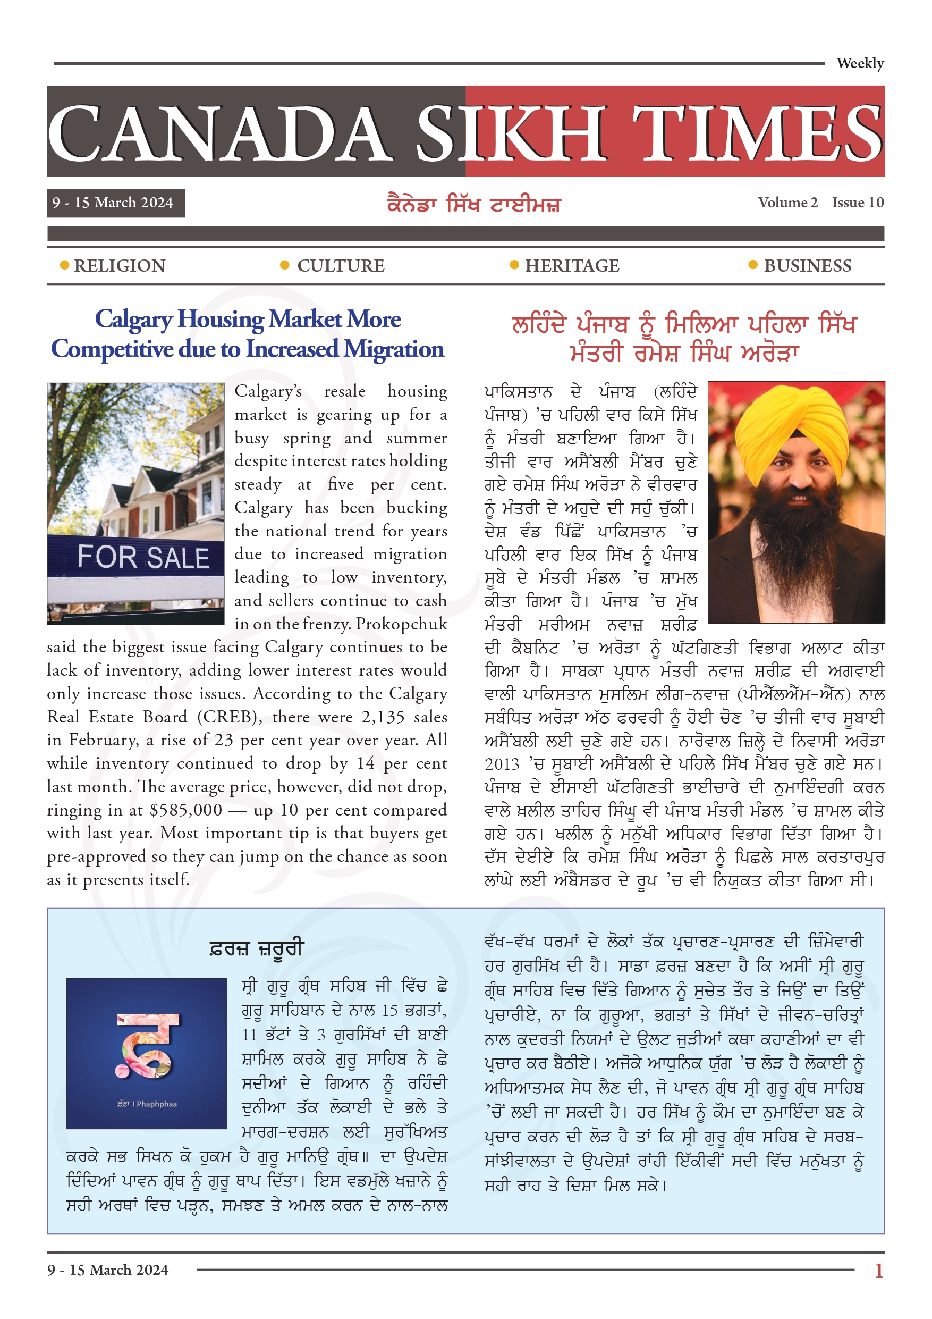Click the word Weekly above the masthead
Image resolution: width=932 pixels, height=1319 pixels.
pos(859,63)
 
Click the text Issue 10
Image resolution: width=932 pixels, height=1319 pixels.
pos(858,203)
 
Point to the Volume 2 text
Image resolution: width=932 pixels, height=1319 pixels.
pos(787,203)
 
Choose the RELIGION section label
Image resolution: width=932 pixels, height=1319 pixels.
pos(120,266)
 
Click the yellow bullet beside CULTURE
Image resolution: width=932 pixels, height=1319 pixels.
pos(284,265)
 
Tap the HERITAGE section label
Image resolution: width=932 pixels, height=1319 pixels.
pos(572,266)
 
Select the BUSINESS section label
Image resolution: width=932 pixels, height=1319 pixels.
pos(807,266)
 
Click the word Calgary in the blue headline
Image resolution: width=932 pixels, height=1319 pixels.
pos(133,320)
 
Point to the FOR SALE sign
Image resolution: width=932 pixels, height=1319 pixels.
pos(143,557)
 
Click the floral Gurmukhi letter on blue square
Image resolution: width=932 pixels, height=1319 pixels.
pos(147,1046)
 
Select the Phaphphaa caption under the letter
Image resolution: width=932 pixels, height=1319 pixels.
pos(147,1104)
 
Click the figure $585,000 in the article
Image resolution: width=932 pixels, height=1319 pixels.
pos(185,810)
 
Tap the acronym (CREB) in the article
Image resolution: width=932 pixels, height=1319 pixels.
pos(227,717)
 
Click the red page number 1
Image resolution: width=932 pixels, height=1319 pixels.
pos(878,1270)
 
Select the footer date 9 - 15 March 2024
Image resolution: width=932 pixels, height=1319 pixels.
pos(108,1270)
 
